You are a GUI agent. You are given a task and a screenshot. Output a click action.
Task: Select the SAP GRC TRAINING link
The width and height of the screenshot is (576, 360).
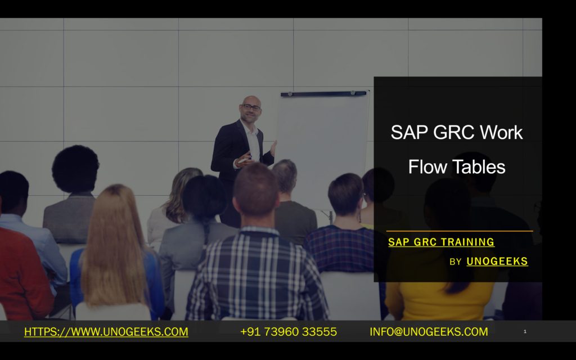[441, 242]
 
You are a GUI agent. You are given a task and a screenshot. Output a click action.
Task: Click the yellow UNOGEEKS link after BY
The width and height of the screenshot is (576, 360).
[497, 262]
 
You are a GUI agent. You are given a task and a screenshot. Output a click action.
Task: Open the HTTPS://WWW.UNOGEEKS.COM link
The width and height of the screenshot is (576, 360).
[106, 332]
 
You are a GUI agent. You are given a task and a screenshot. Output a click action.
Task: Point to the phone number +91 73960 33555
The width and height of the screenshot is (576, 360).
[289, 332]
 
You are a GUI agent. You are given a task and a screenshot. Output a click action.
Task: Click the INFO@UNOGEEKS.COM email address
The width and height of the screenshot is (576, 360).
[429, 332]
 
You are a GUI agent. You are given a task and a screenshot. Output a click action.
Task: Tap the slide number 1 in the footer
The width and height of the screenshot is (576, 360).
[525, 332]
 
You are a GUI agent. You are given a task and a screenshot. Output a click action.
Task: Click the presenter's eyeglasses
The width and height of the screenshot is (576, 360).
[251, 107]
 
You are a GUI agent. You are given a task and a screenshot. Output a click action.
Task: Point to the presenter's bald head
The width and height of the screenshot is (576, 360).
[250, 100]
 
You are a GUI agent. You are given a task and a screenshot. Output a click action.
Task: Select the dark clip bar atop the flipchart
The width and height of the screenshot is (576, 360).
[323, 93]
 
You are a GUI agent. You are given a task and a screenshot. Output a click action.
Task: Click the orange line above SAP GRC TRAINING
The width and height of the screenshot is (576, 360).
[459, 231]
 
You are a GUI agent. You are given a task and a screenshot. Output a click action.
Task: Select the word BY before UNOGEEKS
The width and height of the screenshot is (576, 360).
[456, 262]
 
